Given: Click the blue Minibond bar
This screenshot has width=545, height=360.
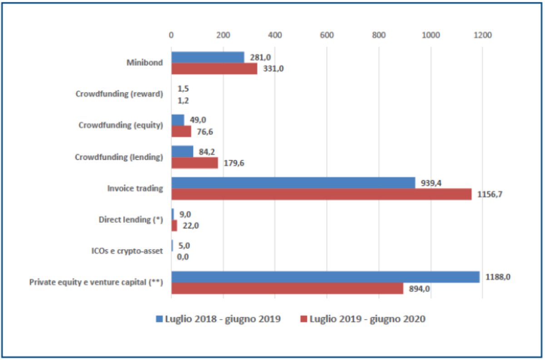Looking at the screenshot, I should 208,57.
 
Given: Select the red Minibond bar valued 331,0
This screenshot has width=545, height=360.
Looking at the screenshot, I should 214,69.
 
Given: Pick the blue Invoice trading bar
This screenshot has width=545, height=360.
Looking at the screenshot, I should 293,182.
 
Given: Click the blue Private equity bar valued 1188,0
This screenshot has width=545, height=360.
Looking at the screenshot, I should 325,277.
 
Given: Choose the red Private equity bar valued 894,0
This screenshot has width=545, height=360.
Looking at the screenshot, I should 287,288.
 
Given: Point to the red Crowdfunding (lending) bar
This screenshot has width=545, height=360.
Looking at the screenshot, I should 194,163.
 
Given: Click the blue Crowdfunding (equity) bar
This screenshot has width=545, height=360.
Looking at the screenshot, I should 178,120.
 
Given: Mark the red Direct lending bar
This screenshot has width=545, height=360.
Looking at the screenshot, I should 174,226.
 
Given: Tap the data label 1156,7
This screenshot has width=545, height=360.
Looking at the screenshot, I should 493,194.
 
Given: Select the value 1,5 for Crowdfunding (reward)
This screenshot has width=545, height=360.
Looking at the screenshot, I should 183,89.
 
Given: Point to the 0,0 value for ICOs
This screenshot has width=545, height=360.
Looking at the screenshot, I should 183,257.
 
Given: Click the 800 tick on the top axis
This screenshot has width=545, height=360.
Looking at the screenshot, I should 378,35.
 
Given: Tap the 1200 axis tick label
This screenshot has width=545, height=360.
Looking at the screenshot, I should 482,35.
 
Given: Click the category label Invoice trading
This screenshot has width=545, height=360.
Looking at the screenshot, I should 135,188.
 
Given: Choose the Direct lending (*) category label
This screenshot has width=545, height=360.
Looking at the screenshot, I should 130,220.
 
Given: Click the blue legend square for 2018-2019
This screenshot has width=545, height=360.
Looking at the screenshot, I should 159,319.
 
